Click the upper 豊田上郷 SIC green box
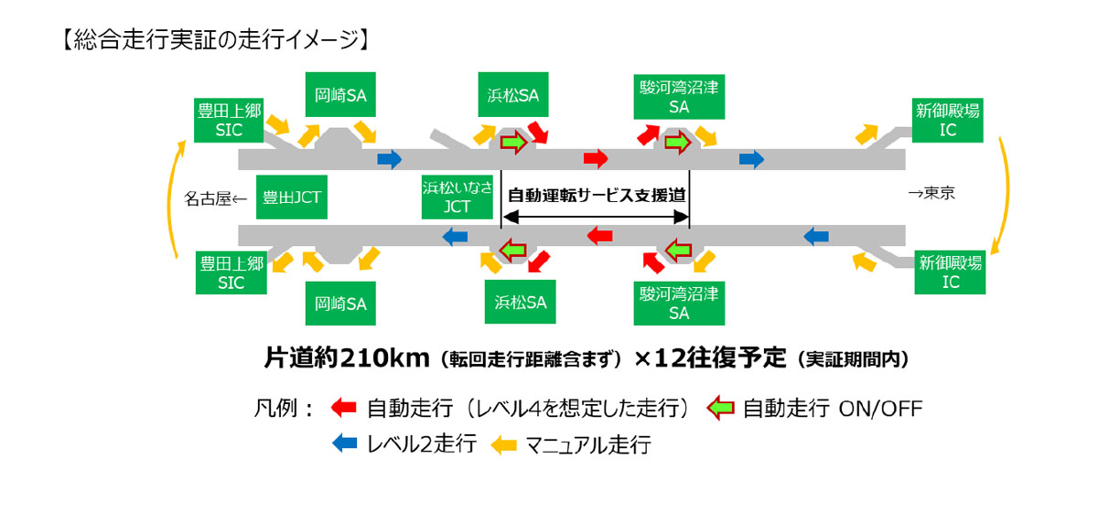coord(229,120)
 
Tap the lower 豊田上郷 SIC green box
coord(231,273)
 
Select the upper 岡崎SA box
coord(339,94)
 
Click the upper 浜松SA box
coord(513,94)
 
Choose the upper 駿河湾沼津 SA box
coord(679,96)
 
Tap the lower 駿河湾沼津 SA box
coord(679,303)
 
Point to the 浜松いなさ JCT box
coord(457,197)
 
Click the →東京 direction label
coord(931,194)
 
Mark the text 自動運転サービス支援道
coord(597,195)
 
